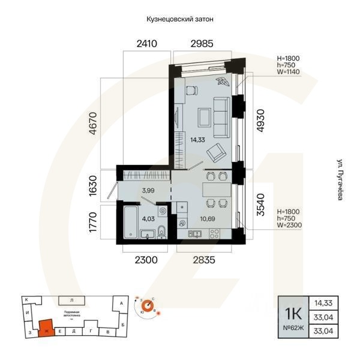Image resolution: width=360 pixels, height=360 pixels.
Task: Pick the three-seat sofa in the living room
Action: tap(221, 114)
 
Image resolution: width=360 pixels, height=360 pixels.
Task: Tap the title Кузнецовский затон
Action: tap(180, 19)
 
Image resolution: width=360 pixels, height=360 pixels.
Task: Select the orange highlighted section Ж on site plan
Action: tap(45, 328)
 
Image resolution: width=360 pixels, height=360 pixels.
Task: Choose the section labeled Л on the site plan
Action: tap(71, 299)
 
